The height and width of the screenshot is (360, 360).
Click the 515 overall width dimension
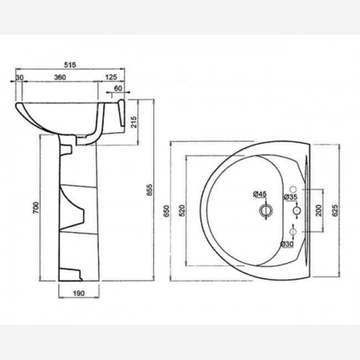point(70,65)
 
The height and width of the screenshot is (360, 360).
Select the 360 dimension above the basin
point(60,77)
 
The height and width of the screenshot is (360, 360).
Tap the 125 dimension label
point(111,77)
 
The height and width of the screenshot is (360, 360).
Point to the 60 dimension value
point(118,89)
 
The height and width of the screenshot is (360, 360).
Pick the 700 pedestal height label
point(35,208)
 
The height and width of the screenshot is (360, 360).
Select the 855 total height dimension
point(150,190)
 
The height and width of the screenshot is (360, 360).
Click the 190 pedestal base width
point(78,293)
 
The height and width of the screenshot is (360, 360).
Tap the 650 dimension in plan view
point(166,211)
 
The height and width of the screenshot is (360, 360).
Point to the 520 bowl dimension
point(182,210)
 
